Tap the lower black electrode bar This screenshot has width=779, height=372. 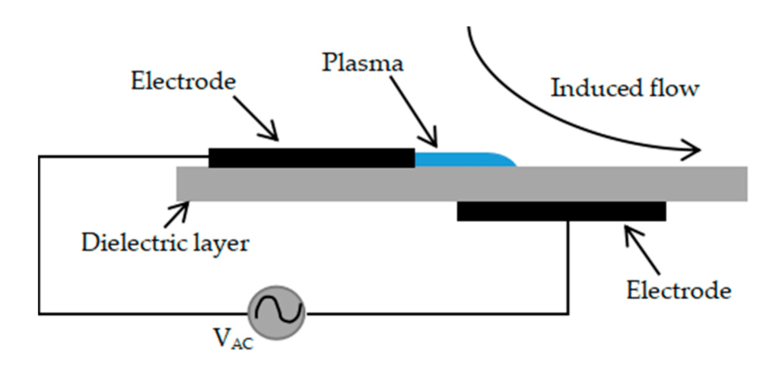coord(561,211)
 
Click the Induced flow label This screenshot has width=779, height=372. coord(624,89)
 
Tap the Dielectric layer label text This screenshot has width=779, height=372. coord(166,244)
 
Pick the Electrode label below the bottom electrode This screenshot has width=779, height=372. coord(679,291)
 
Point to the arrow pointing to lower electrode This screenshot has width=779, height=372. coord(636,243)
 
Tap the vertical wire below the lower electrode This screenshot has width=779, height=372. coord(568,266)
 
